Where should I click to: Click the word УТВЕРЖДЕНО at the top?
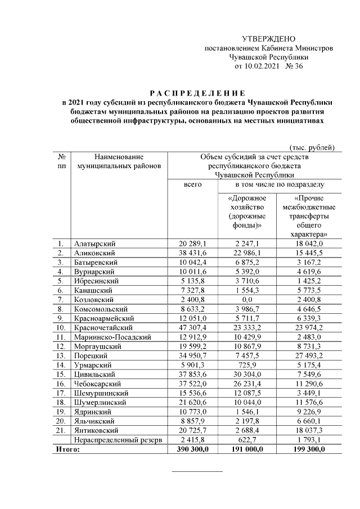point(268,39)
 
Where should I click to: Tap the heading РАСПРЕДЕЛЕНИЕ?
point(197,93)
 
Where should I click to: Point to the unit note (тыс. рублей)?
point(312,147)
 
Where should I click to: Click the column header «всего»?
point(193,184)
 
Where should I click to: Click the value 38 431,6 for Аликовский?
point(193,253)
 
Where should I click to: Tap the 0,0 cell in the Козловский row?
point(247,299)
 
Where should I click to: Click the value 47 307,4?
point(193,327)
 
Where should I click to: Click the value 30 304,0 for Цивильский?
point(247,373)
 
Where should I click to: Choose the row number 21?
point(60,429)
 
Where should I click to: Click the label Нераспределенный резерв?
point(118,439)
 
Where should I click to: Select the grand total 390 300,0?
point(193,448)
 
